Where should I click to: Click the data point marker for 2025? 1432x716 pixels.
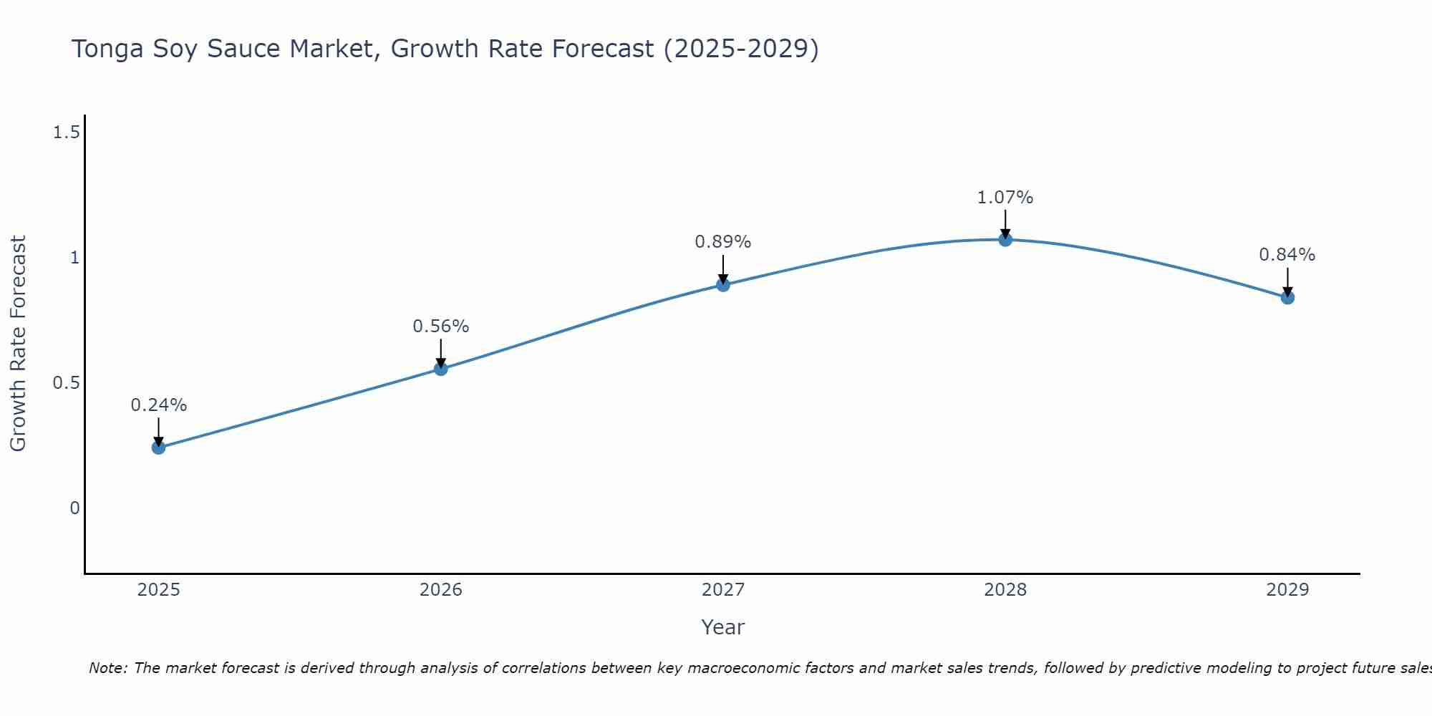tap(159, 447)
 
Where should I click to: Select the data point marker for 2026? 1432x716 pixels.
tap(441, 369)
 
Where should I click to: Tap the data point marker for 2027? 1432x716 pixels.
tap(723, 285)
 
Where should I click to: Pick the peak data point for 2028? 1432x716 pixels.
tap(1005, 240)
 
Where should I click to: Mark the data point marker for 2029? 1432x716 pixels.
tap(1287, 297)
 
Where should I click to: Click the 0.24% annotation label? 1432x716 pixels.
tap(159, 405)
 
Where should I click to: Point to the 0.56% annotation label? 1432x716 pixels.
tap(441, 326)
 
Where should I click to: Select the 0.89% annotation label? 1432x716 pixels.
tap(723, 242)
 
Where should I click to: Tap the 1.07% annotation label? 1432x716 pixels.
tap(1005, 198)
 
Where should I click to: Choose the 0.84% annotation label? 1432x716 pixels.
tap(1287, 255)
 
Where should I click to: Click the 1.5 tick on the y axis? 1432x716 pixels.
tap(67, 132)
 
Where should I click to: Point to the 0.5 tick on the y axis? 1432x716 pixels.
tap(67, 383)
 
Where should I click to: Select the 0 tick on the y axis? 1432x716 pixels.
tap(74, 508)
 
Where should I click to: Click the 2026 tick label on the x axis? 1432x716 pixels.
tap(441, 590)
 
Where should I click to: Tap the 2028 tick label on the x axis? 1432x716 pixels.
tap(1005, 590)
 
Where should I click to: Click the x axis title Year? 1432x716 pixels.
tap(723, 627)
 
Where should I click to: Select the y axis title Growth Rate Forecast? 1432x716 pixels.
tap(19, 344)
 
